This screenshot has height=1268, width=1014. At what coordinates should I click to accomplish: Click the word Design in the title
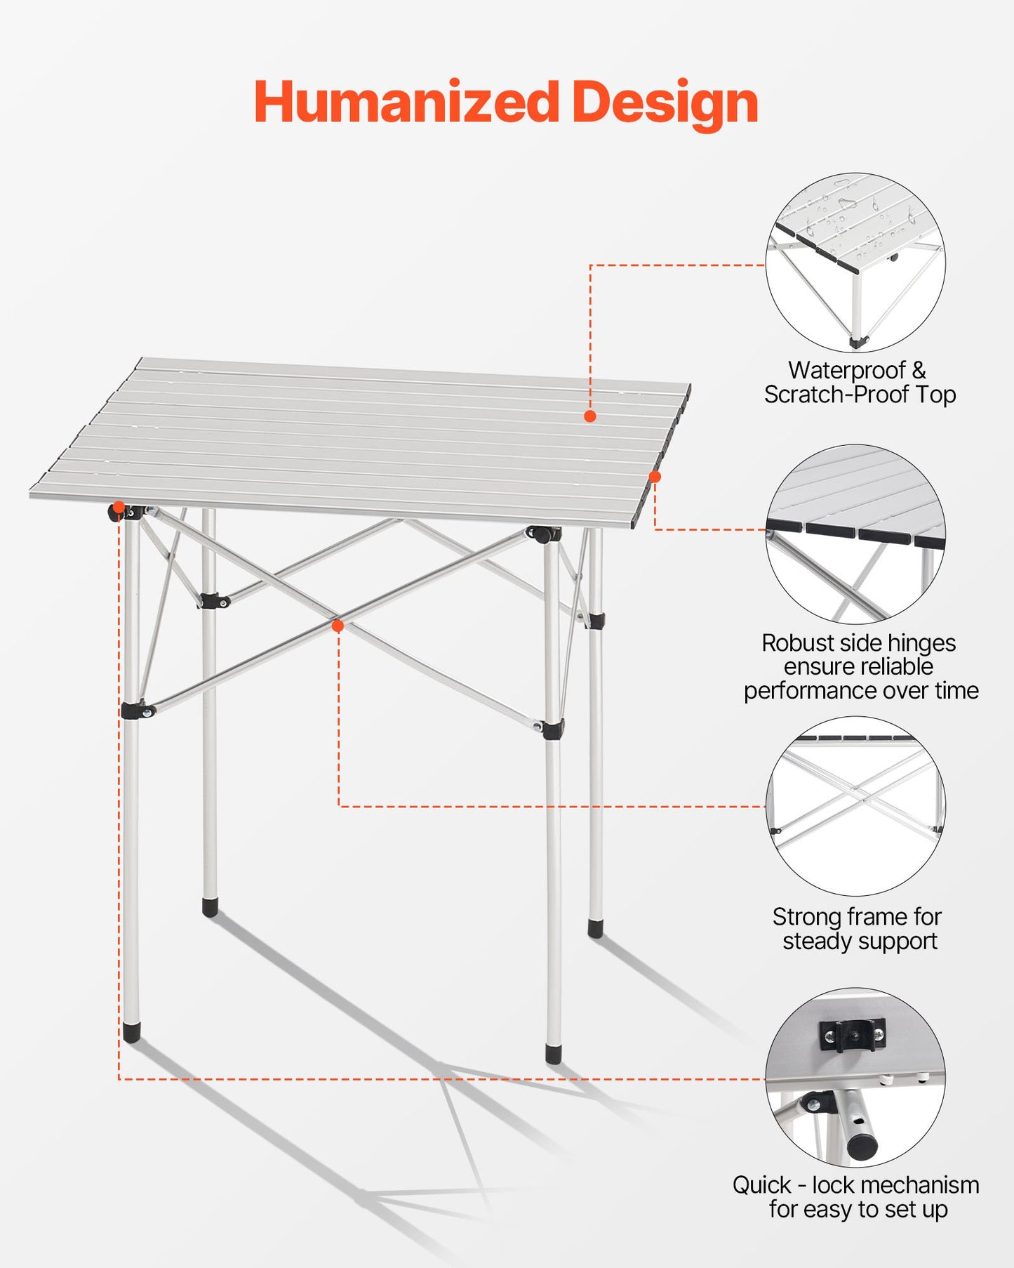pos(665,104)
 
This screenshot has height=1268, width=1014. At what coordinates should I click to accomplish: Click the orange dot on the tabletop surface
pos(590,416)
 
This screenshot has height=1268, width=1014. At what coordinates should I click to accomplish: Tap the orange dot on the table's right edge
pos(655,477)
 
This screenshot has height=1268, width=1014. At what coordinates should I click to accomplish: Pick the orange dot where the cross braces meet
pos(338,626)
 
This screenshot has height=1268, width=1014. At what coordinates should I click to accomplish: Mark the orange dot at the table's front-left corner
pos(119,507)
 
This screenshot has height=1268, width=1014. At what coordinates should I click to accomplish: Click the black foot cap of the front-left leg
pos(131,1032)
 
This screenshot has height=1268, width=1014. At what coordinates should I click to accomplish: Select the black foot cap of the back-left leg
pos(209,907)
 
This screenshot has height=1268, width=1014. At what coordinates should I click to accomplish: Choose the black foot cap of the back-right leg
pos(595,929)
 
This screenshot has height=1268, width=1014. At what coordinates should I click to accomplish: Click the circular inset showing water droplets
pos(855,262)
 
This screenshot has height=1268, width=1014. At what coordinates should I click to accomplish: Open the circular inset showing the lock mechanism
pos(855,1078)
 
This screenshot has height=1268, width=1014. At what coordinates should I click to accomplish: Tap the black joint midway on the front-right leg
pos(552,729)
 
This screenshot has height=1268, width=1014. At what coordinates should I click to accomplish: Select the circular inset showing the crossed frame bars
pos(855,806)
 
